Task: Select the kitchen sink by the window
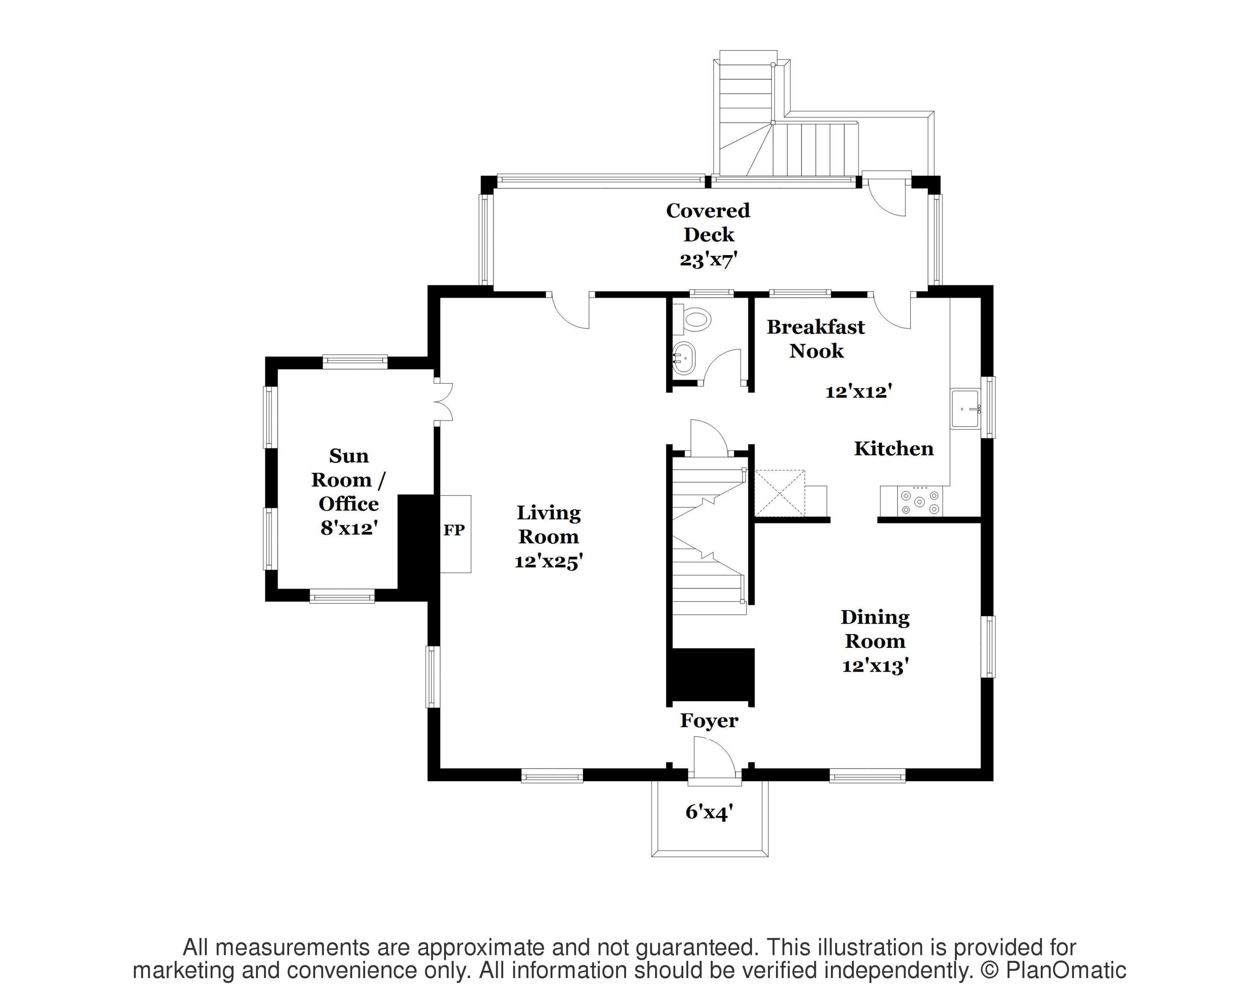tap(965, 409)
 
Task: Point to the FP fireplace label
tap(454, 530)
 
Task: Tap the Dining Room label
tap(875, 629)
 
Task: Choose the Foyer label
tap(709, 721)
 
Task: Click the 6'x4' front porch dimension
tap(709, 812)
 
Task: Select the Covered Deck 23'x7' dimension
tap(708, 259)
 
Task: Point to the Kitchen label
tap(893, 449)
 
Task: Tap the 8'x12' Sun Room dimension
tap(349, 527)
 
